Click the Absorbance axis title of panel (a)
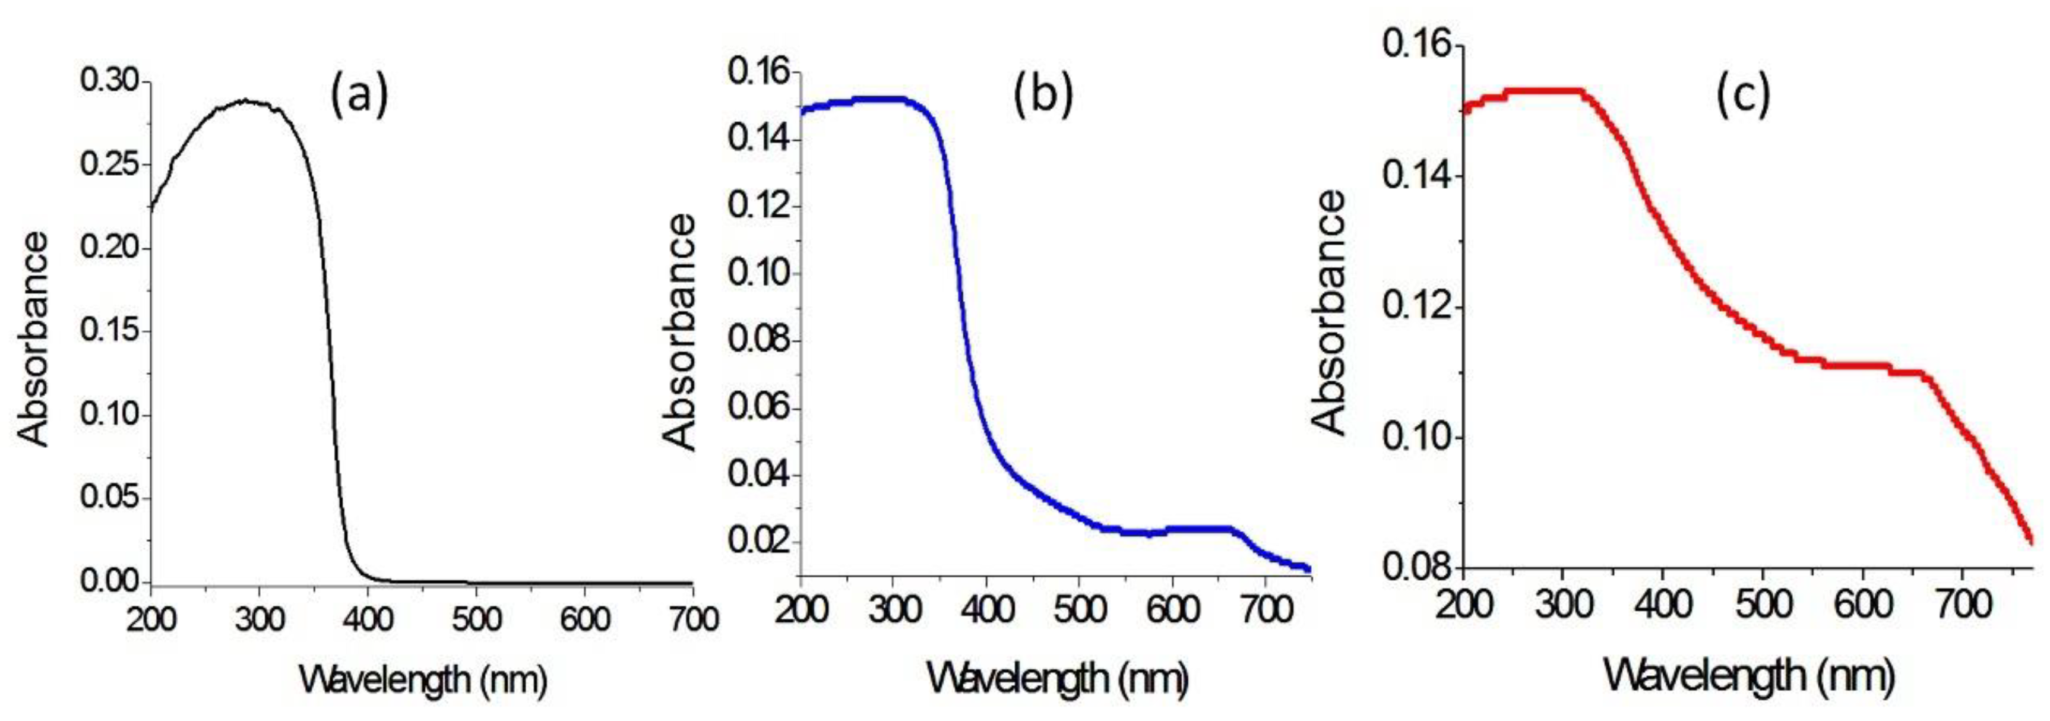click(x=33, y=340)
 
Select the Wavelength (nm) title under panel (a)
click(x=423, y=681)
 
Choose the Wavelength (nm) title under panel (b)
click(x=1057, y=679)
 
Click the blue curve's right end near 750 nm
click(x=1308, y=568)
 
